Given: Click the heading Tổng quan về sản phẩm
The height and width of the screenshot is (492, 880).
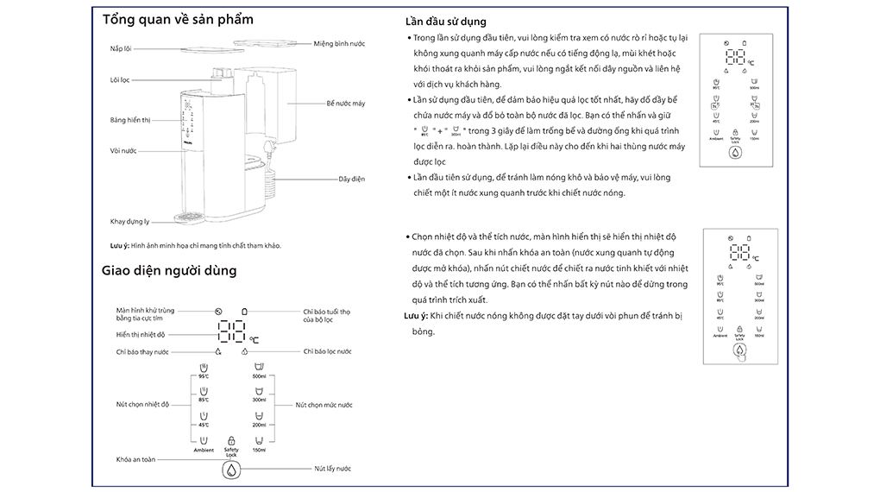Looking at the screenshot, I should click(178, 20).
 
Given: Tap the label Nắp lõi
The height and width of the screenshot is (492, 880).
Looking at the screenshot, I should click(120, 47).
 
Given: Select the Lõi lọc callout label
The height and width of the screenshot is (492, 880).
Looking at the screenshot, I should click(119, 80).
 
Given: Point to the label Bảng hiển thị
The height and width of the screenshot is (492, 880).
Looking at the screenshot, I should click(130, 120).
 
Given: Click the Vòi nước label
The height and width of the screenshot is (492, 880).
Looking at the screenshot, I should click(123, 151).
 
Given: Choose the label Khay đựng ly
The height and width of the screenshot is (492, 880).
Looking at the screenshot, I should click(129, 222).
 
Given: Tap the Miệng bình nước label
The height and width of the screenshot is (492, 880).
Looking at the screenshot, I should click(339, 43).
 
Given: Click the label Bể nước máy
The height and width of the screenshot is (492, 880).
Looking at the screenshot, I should click(345, 104).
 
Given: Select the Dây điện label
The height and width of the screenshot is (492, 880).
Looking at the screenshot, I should click(351, 179).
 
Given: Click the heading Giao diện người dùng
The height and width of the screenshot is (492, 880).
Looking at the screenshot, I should click(169, 270).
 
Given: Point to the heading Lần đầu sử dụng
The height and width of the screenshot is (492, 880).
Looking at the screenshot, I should click(445, 22).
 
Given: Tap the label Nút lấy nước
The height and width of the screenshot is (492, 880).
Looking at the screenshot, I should click(331, 469).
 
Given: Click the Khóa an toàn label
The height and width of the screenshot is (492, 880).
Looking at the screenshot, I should click(136, 459).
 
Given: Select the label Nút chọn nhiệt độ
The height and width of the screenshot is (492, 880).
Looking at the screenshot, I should click(142, 404).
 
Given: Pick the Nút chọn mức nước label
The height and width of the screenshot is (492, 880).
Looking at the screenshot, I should click(324, 404).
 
